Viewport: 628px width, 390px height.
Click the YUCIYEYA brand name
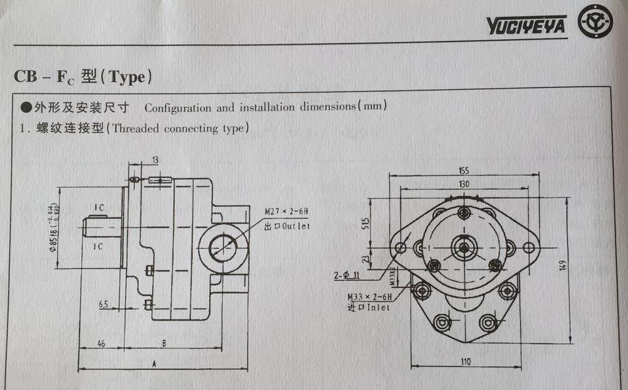tap(526, 25)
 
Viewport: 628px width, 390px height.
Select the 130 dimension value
tap(464, 184)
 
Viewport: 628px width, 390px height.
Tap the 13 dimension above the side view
tap(155, 160)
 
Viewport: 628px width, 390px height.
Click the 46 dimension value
tap(100, 343)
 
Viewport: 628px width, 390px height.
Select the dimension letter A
tap(153, 365)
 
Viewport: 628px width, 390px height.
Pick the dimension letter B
tap(163, 343)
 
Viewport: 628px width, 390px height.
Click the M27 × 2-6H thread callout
tap(286, 212)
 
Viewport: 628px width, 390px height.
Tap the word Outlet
tap(295, 227)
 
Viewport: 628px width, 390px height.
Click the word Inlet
tap(377, 307)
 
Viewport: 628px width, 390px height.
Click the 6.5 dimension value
tap(104, 304)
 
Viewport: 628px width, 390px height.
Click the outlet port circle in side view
tap(223, 248)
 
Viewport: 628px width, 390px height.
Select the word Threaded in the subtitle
tap(135, 129)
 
